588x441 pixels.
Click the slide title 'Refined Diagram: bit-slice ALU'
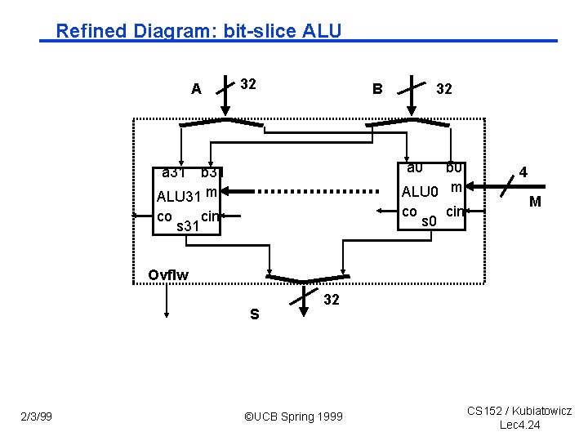pyautogui.click(x=198, y=31)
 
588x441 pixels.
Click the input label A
pyautogui.click(x=196, y=89)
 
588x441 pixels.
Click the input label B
pyautogui.click(x=377, y=88)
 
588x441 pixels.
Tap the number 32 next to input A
pyautogui.click(x=248, y=83)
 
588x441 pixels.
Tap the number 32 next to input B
pyautogui.click(x=444, y=89)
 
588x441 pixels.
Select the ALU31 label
pyautogui.click(x=179, y=197)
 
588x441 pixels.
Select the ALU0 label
pyautogui.click(x=421, y=193)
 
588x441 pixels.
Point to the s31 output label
pyautogui.click(x=188, y=225)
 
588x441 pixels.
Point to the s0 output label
pyautogui.click(x=430, y=220)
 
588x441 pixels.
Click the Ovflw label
pyautogui.click(x=168, y=275)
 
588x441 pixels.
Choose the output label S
pyautogui.click(x=254, y=314)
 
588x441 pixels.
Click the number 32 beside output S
pyautogui.click(x=331, y=300)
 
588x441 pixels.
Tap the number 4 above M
pyautogui.click(x=523, y=172)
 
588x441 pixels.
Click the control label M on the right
pyautogui.click(x=535, y=201)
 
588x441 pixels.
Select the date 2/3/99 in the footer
pyautogui.click(x=37, y=417)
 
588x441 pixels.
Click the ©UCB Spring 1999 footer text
pyautogui.click(x=294, y=417)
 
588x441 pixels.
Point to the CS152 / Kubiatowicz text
pyautogui.click(x=519, y=411)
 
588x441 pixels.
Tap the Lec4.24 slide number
pyautogui.click(x=520, y=425)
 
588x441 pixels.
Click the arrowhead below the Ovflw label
pyautogui.click(x=167, y=313)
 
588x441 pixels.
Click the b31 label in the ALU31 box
pyautogui.click(x=209, y=173)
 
